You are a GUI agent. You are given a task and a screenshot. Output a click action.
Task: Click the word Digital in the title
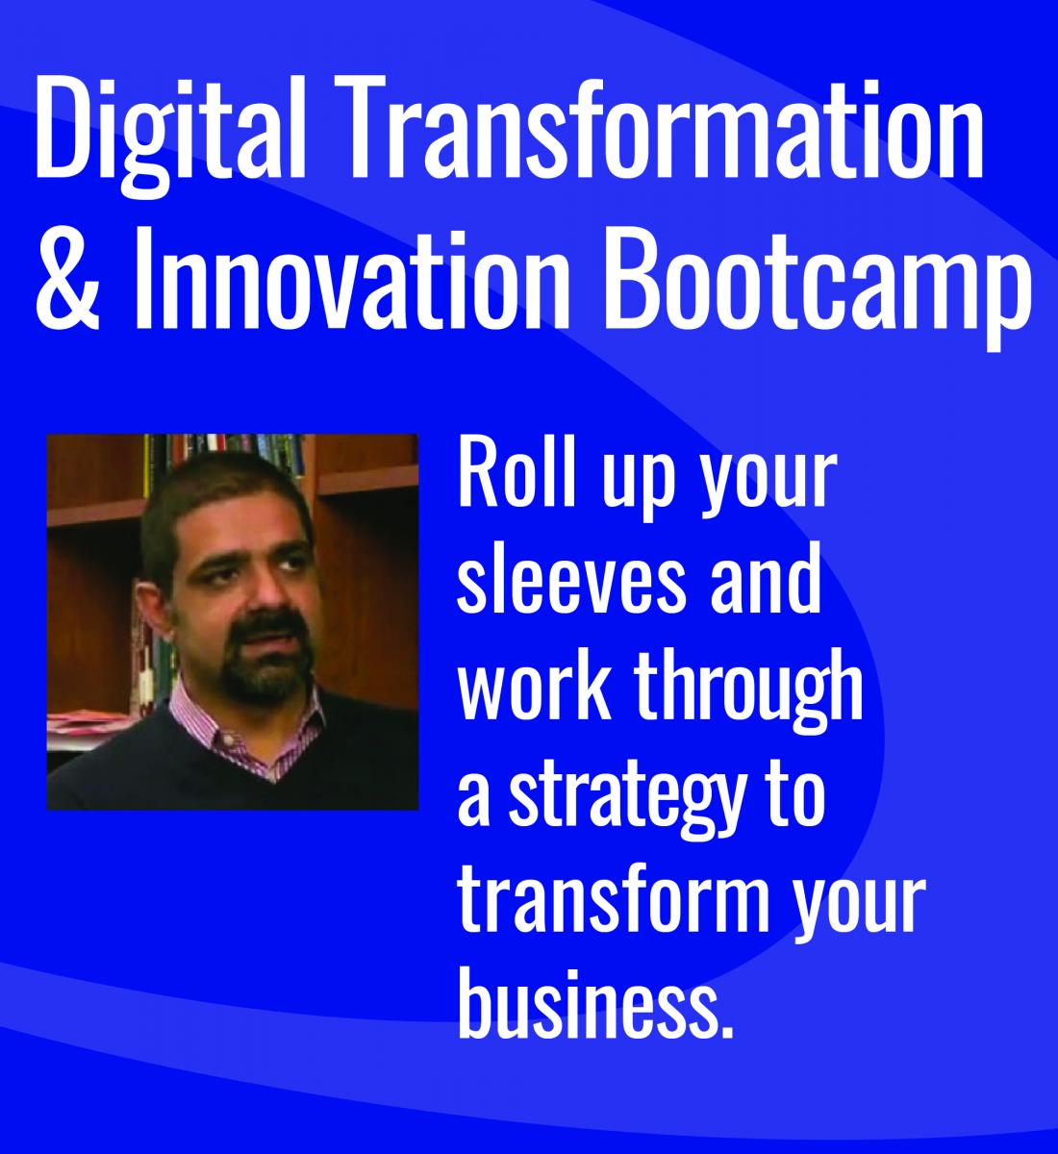[168, 133]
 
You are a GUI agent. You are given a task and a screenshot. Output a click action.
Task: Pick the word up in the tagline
[636, 486]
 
